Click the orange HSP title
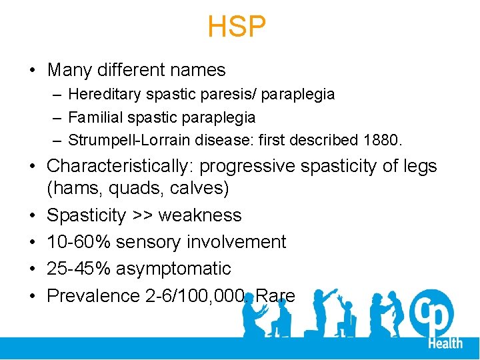pos(237,27)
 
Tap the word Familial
pos(93,117)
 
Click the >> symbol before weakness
pos(143,215)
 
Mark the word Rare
pos(275,295)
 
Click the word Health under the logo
pos(445,343)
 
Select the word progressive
pos(247,165)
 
